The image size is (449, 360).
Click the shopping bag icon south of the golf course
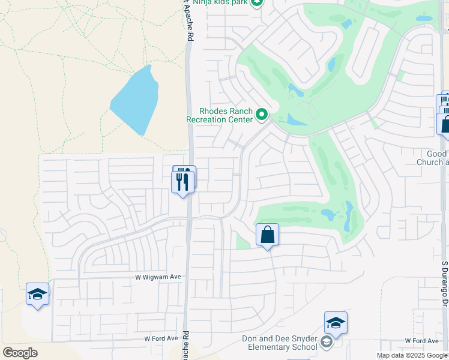click(267, 235)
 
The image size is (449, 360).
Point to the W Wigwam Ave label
click(157, 277)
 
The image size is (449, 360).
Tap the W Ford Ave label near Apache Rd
click(161, 338)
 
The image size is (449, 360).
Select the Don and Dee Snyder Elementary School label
click(279, 343)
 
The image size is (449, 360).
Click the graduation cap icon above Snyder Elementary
click(336, 323)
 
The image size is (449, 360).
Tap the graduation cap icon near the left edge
click(37, 295)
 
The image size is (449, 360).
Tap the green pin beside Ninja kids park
click(257, 3)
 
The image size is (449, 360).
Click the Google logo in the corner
click(20, 352)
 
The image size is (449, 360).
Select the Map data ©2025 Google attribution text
click(411, 355)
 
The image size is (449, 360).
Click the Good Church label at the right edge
click(433, 158)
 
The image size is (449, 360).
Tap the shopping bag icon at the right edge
click(445, 125)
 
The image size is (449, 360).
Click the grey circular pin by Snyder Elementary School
click(327, 343)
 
